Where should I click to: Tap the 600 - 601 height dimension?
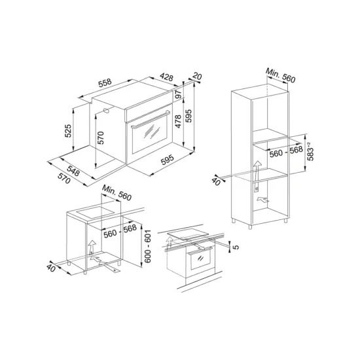click(149, 247)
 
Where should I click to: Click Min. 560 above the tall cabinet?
click(281, 77)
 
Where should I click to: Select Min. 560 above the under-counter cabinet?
click(117, 193)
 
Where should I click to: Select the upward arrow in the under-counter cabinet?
click(91, 247)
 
